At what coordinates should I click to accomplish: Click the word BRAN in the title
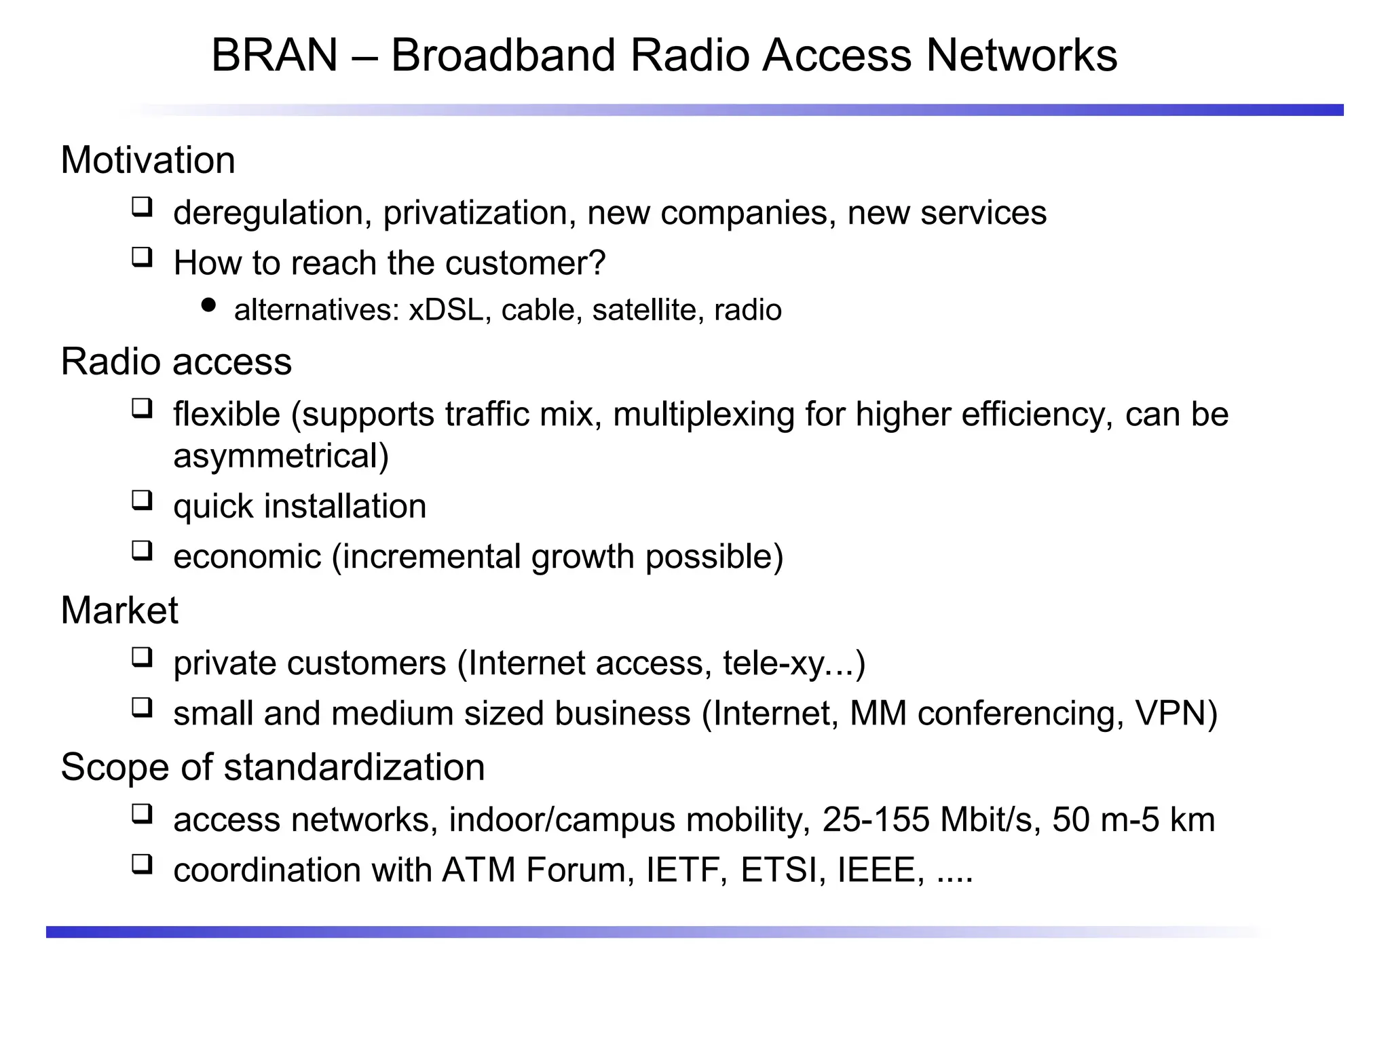click(274, 55)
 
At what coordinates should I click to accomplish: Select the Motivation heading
click(148, 160)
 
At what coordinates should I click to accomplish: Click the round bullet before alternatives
click(208, 305)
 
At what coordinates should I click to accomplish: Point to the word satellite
click(643, 310)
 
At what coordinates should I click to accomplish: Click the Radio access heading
click(176, 361)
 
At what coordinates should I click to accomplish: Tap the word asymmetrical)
click(281, 456)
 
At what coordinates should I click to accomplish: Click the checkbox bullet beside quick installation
click(142, 501)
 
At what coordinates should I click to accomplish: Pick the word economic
click(247, 557)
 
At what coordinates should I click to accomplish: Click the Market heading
click(119, 610)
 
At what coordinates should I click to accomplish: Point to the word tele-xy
click(773, 663)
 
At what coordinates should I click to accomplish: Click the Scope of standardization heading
click(273, 767)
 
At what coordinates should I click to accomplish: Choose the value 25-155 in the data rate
click(875, 819)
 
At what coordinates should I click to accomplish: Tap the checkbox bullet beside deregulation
click(142, 206)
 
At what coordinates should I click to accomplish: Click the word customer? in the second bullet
click(525, 263)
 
